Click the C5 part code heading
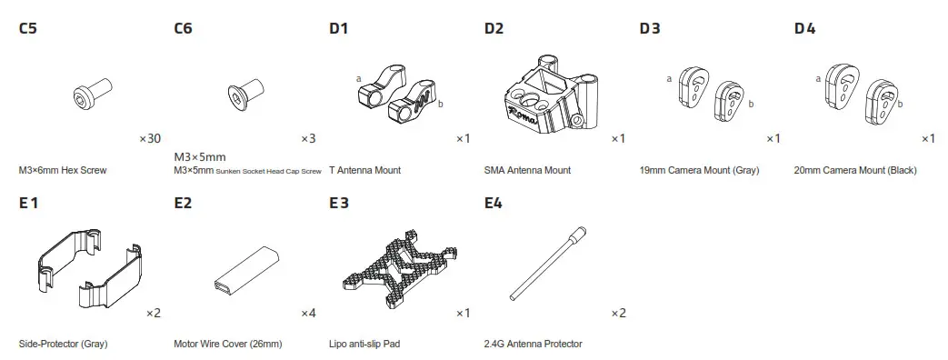click(28, 28)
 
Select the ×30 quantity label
click(150, 139)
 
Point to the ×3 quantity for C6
click(308, 139)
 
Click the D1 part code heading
click(339, 28)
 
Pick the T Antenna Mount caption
click(364, 170)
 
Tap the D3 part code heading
click(650, 28)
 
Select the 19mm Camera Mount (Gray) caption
click(699, 170)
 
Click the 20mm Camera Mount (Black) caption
click(855, 170)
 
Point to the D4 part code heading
click(804, 28)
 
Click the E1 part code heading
click(28, 203)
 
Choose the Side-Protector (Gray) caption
click(63, 344)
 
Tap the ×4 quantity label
click(308, 314)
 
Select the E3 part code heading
click(339, 203)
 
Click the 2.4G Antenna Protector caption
click(534, 344)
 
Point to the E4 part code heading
click(494, 203)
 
